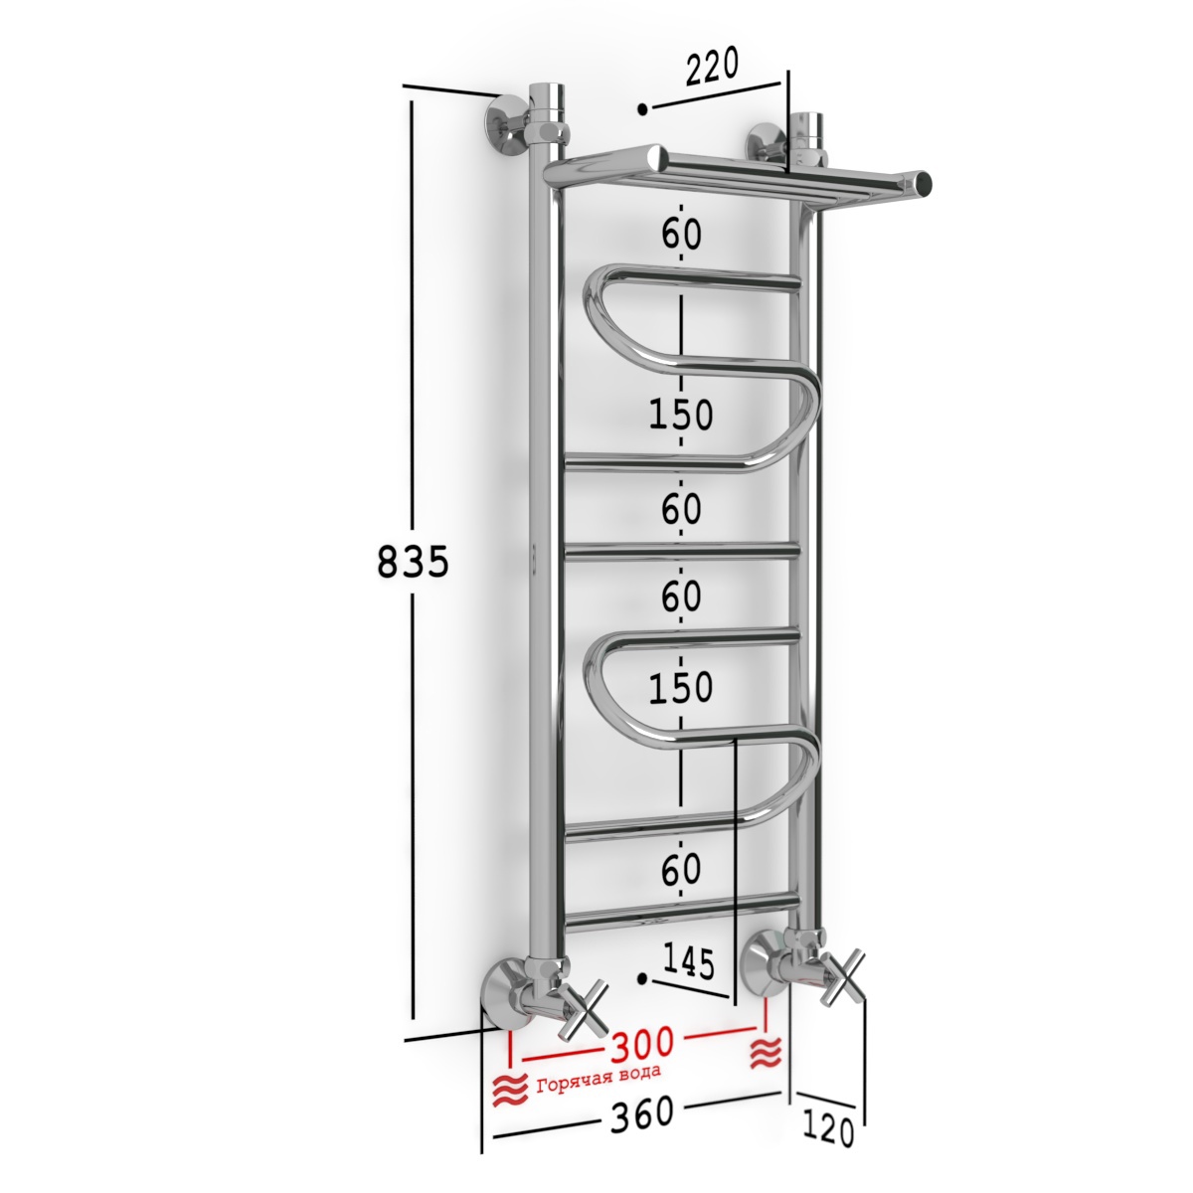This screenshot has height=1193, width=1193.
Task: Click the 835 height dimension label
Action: click(413, 562)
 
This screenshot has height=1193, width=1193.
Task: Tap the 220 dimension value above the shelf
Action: click(712, 67)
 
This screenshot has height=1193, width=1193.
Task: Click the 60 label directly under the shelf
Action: click(681, 234)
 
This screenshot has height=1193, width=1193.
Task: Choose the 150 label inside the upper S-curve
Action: click(681, 414)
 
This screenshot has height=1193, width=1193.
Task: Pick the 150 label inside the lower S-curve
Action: click(681, 687)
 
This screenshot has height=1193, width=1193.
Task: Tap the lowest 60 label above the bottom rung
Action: click(681, 868)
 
